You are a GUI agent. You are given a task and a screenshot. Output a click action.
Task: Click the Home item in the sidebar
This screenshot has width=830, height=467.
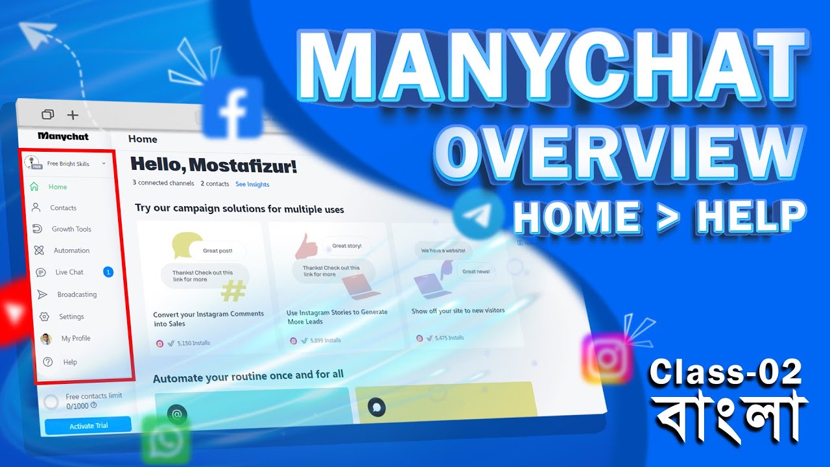pyautogui.click(x=57, y=187)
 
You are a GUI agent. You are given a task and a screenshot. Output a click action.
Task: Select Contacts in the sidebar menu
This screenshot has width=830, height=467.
pyautogui.click(x=63, y=208)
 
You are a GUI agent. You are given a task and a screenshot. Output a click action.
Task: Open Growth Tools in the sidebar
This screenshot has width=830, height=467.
pyautogui.click(x=71, y=229)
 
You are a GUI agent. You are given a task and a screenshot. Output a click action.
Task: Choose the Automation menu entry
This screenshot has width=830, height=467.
pyautogui.click(x=71, y=250)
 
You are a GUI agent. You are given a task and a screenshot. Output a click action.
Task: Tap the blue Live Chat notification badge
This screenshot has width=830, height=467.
pyautogui.click(x=108, y=272)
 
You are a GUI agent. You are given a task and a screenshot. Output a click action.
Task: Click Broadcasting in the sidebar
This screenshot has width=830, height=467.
pyautogui.click(x=77, y=294)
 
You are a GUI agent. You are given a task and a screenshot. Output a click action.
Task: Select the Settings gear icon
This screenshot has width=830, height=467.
pyautogui.click(x=44, y=317)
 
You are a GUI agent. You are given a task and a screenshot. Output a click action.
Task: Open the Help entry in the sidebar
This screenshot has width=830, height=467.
pyautogui.click(x=69, y=362)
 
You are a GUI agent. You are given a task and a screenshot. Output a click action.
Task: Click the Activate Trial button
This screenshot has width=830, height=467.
pyautogui.click(x=88, y=425)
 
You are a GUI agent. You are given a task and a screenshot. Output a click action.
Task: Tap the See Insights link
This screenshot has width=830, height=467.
pyautogui.click(x=252, y=184)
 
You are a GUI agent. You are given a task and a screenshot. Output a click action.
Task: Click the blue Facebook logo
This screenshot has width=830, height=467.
pyautogui.click(x=232, y=109)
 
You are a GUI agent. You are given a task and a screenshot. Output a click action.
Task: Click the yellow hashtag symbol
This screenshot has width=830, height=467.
pyautogui.click(x=233, y=291)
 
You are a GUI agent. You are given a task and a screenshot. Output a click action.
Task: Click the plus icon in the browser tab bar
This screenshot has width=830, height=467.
pyautogui.click(x=73, y=115)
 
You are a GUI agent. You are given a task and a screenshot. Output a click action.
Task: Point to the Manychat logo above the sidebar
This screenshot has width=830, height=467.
pyautogui.click(x=63, y=136)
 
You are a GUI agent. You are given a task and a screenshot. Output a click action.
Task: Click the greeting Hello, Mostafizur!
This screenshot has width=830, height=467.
pyautogui.click(x=214, y=165)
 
